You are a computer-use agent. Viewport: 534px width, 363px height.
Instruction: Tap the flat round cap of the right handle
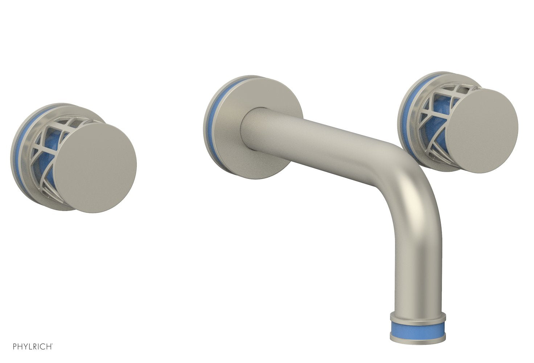(x=481, y=130)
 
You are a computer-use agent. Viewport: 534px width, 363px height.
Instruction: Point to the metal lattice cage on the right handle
(x=432, y=109)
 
